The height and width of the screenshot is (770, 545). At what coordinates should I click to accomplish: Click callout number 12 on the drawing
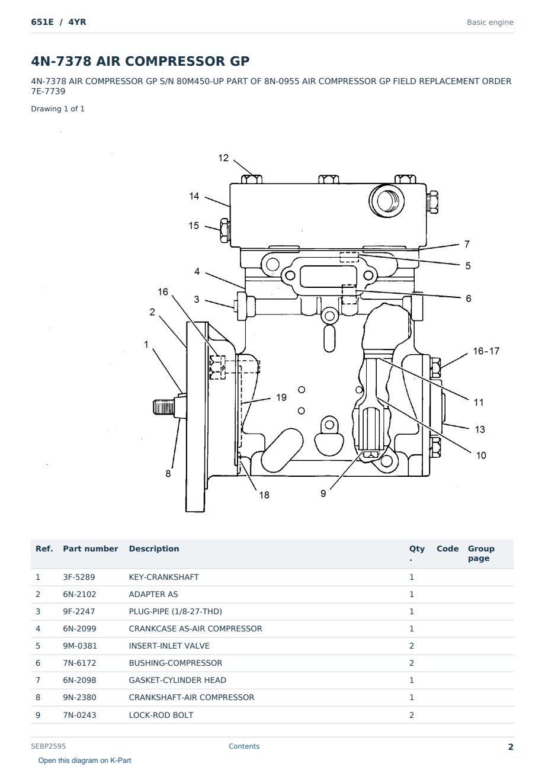(223, 158)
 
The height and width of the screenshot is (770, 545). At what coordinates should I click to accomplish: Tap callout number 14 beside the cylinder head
(194, 196)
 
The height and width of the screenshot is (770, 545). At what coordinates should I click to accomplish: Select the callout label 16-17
(486, 351)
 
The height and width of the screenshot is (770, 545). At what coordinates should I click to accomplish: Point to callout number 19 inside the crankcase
(281, 397)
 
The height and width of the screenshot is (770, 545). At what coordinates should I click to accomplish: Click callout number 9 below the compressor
(323, 493)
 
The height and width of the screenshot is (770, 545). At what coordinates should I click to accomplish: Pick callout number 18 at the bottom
(264, 495)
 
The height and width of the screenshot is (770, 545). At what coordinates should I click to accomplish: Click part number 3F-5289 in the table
(79, 577)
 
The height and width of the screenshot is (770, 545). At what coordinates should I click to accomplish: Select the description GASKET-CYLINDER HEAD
(178, 681)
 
